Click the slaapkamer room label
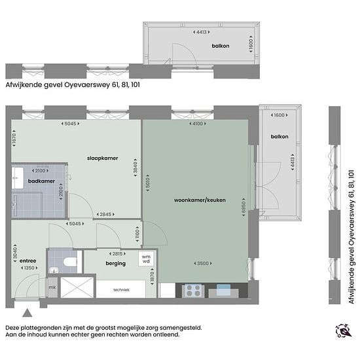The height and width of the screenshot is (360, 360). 102,158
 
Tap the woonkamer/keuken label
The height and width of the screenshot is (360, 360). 200,200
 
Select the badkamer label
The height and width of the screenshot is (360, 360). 41,181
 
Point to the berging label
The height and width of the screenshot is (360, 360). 115,263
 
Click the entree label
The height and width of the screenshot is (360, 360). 27,261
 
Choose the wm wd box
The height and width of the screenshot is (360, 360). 146,259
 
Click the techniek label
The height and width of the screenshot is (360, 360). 121,290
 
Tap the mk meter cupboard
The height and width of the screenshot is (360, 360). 52,287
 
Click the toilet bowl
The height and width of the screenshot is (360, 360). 70,262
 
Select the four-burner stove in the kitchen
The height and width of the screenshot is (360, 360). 193,291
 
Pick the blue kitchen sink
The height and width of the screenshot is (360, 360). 223,290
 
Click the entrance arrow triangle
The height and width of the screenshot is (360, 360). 27,313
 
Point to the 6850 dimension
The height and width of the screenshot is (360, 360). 243,207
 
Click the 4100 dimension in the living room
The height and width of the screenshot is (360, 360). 198,124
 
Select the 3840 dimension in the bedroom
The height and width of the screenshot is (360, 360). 135,168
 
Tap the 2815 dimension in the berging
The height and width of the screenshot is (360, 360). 117,254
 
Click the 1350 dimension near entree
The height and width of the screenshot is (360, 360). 29,268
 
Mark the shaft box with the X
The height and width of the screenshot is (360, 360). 77,287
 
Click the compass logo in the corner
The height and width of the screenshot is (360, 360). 344,331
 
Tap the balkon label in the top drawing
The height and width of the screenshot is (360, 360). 221,46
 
